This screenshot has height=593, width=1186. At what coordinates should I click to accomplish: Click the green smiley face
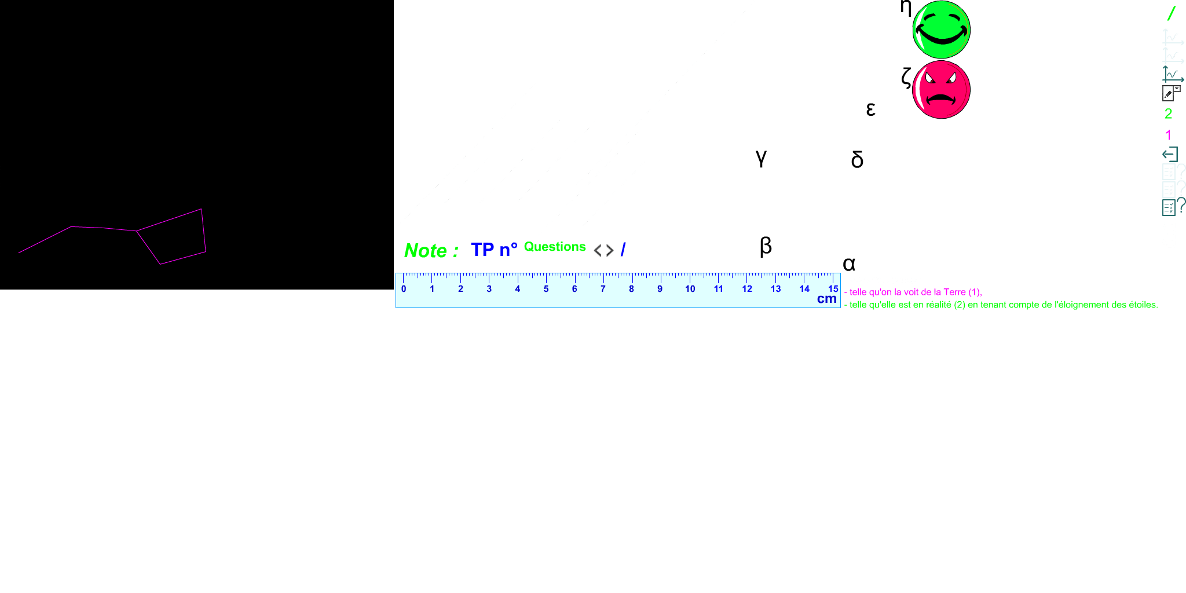(x=941, y=30)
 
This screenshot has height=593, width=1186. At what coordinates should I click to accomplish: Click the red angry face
(x=941, y=90)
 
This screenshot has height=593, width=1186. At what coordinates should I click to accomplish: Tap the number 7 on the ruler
(x=603, y=288)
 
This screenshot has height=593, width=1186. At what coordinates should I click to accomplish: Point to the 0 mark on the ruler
(x=404, y=288)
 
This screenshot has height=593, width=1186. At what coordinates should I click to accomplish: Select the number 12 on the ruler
(x=747, y=288)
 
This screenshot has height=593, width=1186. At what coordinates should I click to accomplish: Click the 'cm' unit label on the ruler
(x=826, y=299)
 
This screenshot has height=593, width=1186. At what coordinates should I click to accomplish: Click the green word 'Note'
(x=426, y=251)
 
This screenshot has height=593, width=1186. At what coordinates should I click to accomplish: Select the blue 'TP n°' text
(x=494, y=250)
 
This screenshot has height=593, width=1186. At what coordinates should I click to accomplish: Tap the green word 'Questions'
(x=555, y=247)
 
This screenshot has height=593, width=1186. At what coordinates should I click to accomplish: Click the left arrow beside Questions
(x=598, y=252)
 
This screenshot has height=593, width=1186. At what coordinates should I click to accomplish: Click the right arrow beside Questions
(x=609, y=252)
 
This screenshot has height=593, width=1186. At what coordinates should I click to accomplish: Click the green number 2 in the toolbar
(x=1168, y=114)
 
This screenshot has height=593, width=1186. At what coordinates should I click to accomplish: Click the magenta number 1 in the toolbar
(x=1168, y=136)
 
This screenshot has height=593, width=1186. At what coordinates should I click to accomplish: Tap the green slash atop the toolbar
(x=1171, y=13)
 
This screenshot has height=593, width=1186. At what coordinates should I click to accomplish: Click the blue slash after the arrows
(x=623, y=250)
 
